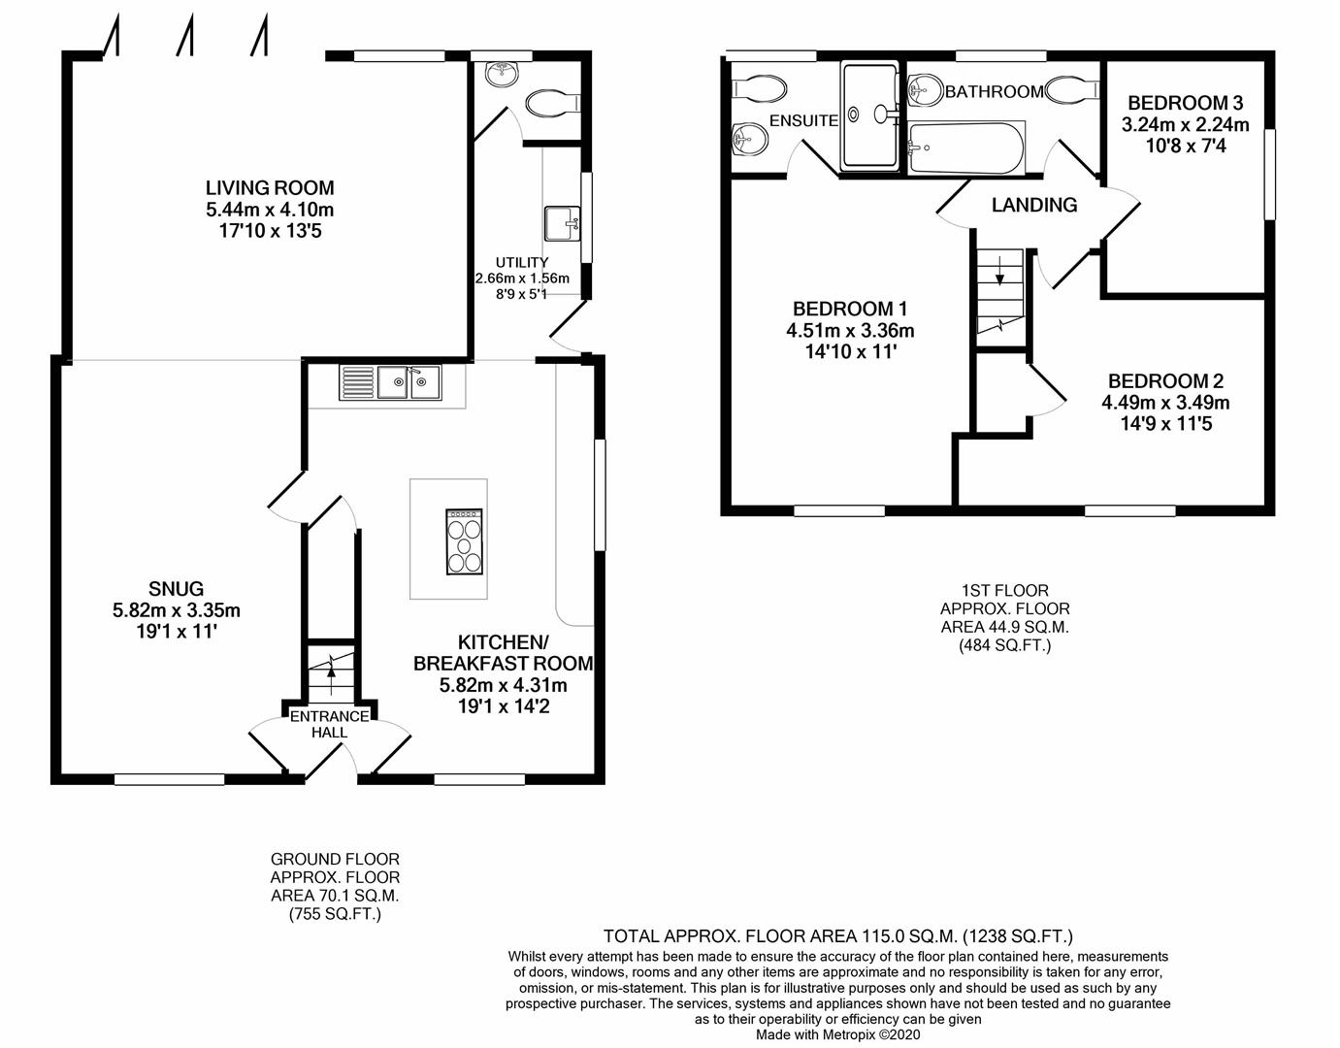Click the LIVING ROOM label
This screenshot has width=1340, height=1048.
pos(270,187)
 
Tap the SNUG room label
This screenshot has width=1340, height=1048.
pos(176,589)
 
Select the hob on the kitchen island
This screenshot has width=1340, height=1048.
pos(465,541)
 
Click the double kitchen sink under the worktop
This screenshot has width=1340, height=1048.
pos(390,382)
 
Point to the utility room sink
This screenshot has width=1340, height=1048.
pos(563,223)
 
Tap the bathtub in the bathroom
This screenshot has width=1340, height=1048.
pos(965,147)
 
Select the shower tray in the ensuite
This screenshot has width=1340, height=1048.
pos(870,115)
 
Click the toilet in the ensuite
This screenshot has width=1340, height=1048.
pos(759,88)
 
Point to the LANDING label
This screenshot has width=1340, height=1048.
pos(1034,205)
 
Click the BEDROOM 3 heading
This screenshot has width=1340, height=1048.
pos(1185,102)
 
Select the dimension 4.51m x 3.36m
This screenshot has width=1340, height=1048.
pos(850,331)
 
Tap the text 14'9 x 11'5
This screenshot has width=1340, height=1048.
pos(1165,423)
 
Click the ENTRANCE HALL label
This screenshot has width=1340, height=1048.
pos(329,724)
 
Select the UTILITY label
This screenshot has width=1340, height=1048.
pos(522,263)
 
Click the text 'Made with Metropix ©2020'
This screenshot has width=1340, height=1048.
pos(838,1034)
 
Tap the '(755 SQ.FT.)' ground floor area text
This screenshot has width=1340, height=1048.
pos(335,914)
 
